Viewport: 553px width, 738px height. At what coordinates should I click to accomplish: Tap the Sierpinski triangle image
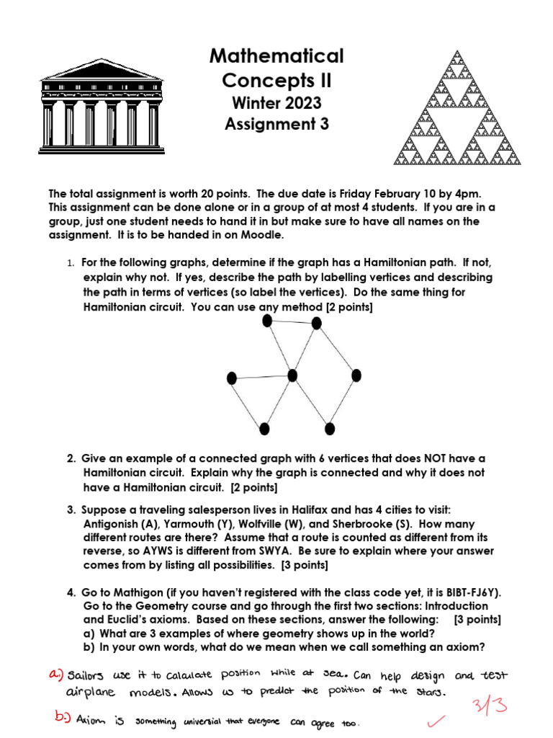click(456, 107)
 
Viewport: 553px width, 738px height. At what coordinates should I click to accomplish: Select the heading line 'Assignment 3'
click(276, 123)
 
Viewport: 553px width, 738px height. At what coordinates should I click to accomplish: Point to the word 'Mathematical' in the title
click(276, 55)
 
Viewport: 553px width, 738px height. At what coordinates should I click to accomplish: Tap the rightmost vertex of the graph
click(356, 375)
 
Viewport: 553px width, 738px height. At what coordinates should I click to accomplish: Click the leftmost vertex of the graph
click(232, 378)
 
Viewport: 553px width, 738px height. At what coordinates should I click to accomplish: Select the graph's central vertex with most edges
click(292, 375)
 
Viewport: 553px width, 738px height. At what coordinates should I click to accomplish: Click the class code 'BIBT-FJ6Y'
click(473, 592)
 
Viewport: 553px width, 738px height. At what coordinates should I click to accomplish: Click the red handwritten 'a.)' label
click(55, 675)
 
